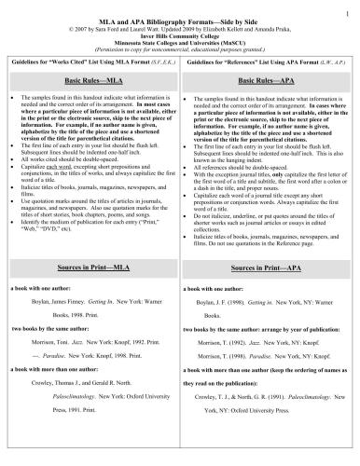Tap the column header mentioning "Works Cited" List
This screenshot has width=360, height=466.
pos(94,62)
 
